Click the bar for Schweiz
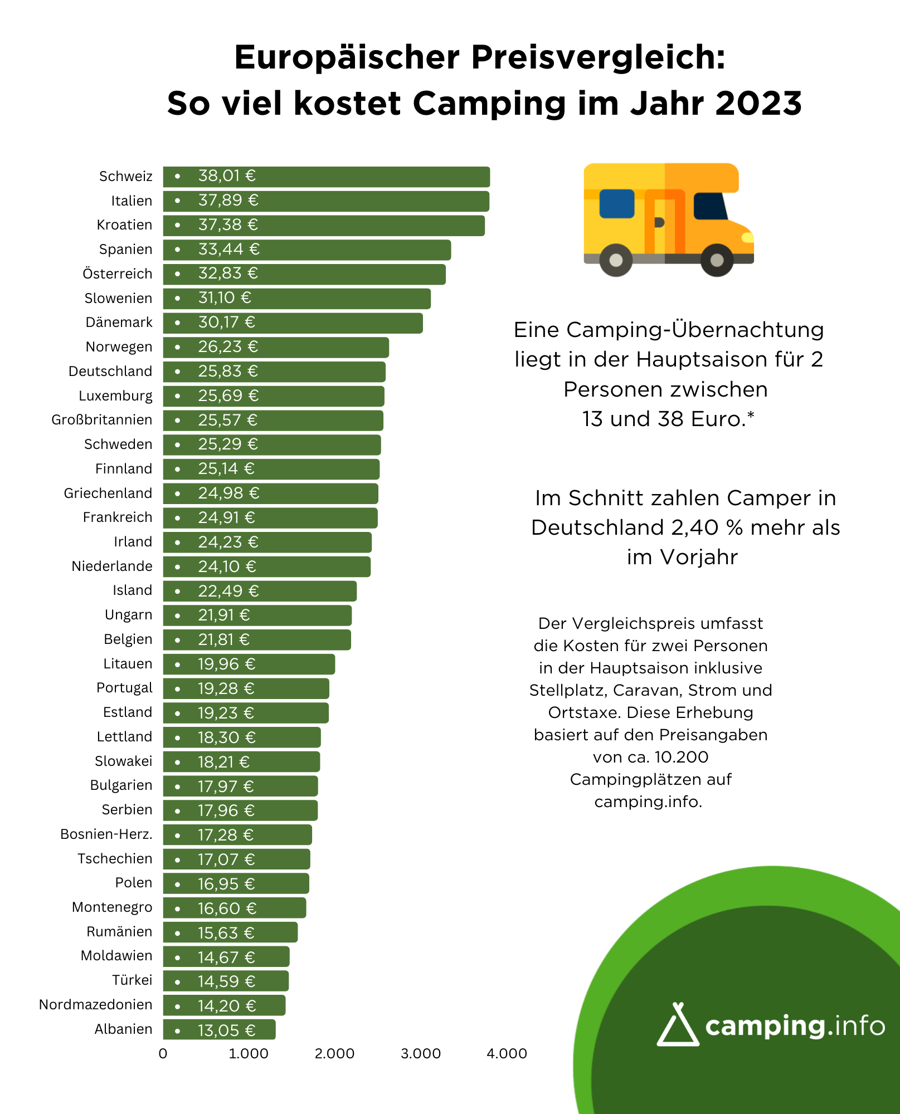pos(326,177)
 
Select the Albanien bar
pos(219,1029)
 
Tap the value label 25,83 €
pos(228,371)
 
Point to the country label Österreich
pos(117,273)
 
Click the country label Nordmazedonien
pos(95,1004)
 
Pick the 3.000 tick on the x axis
pos(421,1053)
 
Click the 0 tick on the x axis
pos(163,1053)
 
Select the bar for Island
pos(260,591)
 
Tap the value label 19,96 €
pos(227,664)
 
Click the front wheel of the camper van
pos(717,260)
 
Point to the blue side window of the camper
pos(617,204)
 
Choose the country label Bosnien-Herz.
pos(106,834)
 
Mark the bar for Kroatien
pos(324,226)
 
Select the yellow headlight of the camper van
pos(747,238)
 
